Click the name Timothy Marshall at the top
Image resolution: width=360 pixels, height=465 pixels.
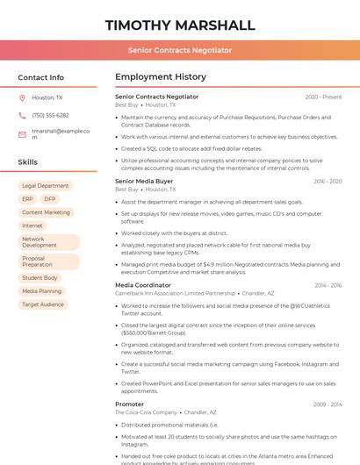pos(180,25)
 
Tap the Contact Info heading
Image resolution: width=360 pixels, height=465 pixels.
pos(40,77)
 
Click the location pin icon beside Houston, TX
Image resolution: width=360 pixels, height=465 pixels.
pos(22,97)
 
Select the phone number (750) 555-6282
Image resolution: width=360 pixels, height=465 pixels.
pos(50,115)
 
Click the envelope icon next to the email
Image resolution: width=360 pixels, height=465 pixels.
pos(22,134)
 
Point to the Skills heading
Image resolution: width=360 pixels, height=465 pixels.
pos(28,162)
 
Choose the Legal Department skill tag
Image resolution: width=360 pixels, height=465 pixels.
pos(45,186)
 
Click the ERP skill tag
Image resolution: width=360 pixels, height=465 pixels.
pos(27,199)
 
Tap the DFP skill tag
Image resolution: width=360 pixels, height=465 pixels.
pos(49,199)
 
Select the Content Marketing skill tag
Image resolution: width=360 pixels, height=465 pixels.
pos(46,212)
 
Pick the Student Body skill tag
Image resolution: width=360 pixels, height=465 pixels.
pos(40,278)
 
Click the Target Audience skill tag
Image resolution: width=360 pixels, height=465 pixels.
pos(43,304)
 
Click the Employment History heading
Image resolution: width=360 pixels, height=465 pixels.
pos(161,77)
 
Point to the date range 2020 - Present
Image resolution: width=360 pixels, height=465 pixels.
pos(323,97)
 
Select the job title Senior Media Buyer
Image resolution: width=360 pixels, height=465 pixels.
pos(144,181)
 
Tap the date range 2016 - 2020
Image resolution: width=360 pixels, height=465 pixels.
pos(327,181)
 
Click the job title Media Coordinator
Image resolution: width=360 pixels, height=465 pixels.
pos(143,285)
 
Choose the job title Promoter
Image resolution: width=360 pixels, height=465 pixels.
pos(129,404)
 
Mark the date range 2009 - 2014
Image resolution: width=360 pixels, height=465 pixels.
pos(328,404)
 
